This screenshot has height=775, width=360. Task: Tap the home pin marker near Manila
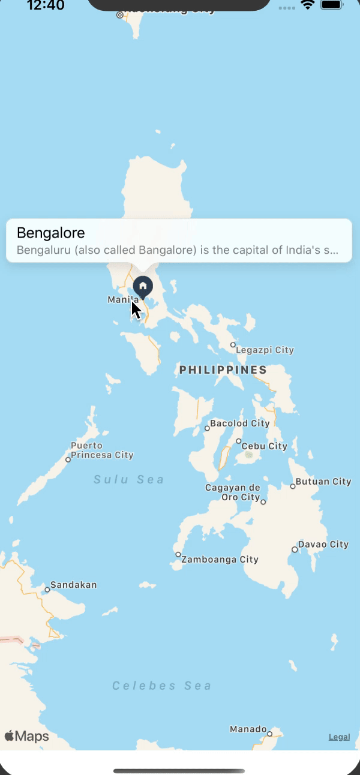(x=143, y=286)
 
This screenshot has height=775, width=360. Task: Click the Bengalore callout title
(x=51, y=233)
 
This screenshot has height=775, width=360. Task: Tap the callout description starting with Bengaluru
(x=177, y=250)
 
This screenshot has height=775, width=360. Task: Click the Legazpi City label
(x=265, y=350)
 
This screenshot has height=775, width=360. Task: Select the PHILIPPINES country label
(x=223, y=370)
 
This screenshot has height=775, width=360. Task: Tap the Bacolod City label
(x=239, y=423)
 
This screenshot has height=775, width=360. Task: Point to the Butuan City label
(x=324, y=481)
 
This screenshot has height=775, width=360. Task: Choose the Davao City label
(x=323, y=545)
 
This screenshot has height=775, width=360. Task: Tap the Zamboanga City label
(x=220, y=560)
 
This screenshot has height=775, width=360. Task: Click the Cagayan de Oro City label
(x=233, y=492)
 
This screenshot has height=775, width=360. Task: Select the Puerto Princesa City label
(x=101, y=450)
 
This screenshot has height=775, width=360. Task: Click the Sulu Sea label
(x=129, y=479)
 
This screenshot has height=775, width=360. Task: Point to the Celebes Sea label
(x=162, y=686)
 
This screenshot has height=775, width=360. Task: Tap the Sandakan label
(x=73, y=585)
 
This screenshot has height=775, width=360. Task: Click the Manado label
(x=248, y=729)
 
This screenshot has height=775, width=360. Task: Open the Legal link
(x=339, y=737)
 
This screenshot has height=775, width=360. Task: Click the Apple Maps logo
(x=27, y=736)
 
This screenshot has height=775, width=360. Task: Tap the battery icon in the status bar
(x=332, y=5)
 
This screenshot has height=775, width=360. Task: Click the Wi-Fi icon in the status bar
(x=308, y=5)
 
